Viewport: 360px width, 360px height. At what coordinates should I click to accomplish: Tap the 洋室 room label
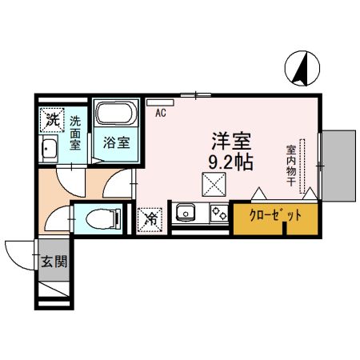click(231, 142)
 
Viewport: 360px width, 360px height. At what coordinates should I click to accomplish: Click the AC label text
click(160, 113)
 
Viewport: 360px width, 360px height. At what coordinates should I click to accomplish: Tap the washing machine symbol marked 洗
click(51, 120)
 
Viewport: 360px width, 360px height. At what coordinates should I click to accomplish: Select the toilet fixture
click(99, 217)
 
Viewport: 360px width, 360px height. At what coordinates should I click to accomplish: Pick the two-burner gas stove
click(218, 214)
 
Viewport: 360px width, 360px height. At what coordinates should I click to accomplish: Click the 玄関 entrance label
click(51, 260)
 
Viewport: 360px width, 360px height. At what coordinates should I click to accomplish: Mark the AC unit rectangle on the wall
click(154, 102)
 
